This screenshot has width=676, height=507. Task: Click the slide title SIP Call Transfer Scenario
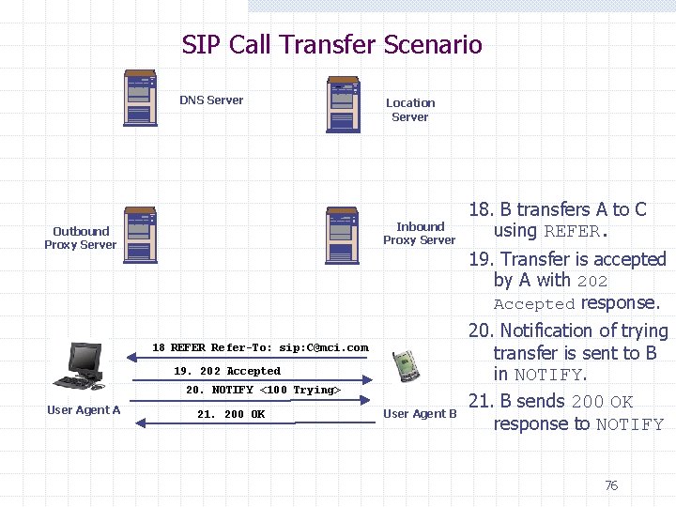tap(331, 45)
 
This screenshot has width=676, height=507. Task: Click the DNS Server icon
tap(140, 98)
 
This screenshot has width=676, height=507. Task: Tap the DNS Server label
tap(211, 100)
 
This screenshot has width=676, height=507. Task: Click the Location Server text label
tap(410, 110)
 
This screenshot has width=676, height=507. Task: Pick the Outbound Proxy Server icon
tap(140, 235)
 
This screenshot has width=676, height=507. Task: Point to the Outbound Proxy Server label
tap(81, 238)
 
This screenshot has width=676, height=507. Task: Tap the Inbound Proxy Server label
tap(419, 233)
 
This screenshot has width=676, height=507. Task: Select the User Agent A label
tap(84, 410)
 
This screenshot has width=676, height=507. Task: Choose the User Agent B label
tap(420, 414)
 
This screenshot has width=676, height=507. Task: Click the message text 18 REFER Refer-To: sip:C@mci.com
tap(260, 347)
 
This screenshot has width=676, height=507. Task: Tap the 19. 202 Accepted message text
tap(227, 371)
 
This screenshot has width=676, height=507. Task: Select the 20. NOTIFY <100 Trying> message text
tap(263, 390)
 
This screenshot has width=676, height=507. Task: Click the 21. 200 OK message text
tap(231, 414)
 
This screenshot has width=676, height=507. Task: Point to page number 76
tap(611, 485)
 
